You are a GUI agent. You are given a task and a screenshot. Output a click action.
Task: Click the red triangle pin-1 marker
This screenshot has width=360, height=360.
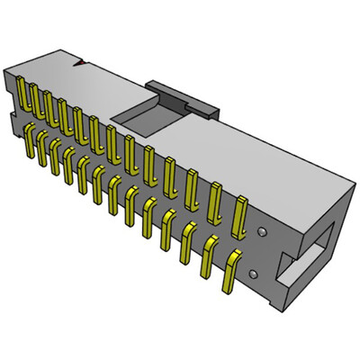(x=80, y=64)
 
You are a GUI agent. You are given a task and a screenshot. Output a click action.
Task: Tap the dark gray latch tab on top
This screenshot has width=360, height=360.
(x=185, y=95)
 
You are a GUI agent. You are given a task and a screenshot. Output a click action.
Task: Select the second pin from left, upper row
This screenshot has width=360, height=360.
(x=33, y=100)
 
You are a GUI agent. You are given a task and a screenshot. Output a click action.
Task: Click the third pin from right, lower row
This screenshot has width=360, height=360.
(x=189, y=244)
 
